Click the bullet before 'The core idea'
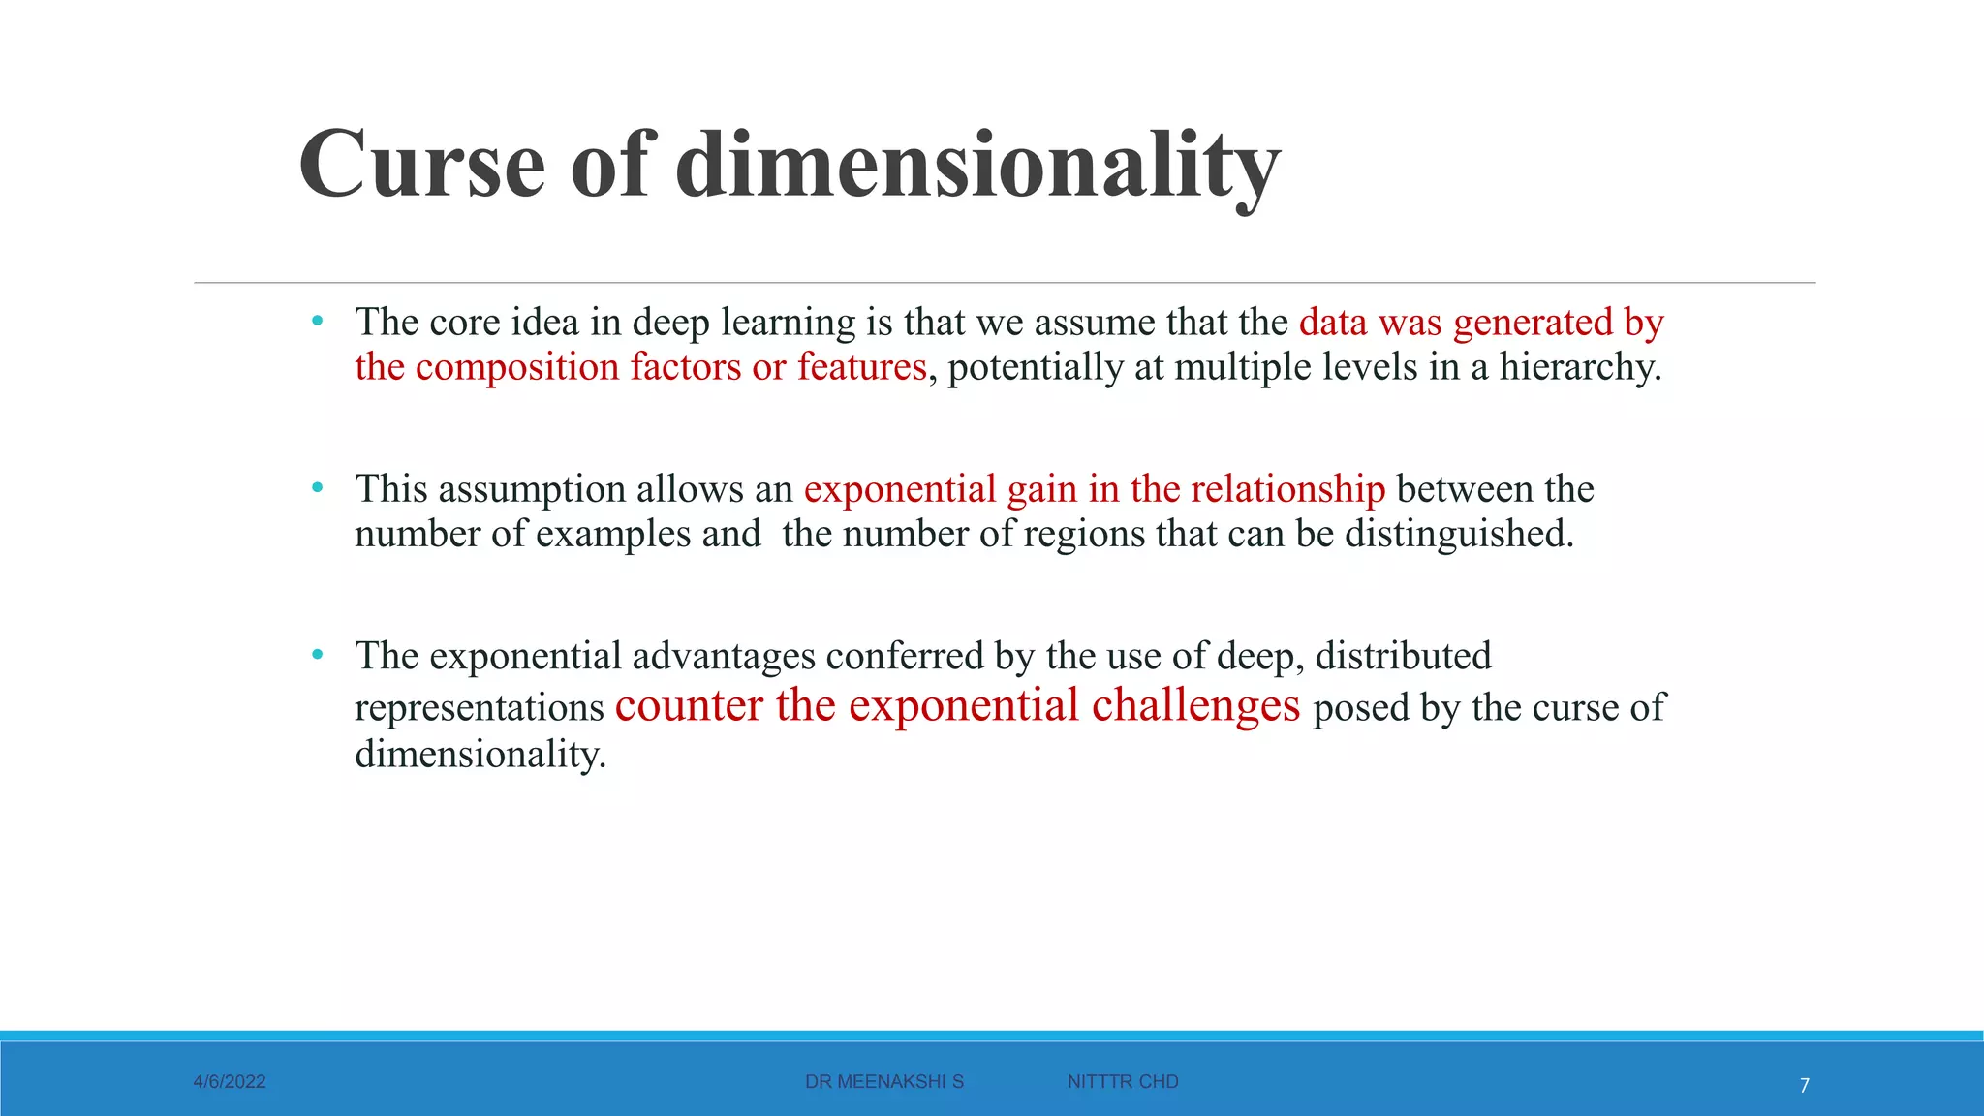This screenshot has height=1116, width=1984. point(317,321)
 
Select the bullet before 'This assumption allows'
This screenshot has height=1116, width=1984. point(317,487)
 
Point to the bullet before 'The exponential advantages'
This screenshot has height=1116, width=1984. point(317,655)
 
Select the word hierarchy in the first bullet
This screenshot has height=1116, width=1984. point(1579,367)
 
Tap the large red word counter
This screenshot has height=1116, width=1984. point(689,705)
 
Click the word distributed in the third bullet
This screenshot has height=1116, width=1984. point(1403,656)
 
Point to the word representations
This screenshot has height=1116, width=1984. point(480,708)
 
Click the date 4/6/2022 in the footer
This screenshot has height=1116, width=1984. point(230,1082)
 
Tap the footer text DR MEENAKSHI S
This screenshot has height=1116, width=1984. point(884,1082)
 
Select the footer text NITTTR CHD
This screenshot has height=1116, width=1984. point(1123,1082)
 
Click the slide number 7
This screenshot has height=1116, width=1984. point(1804,1086)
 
